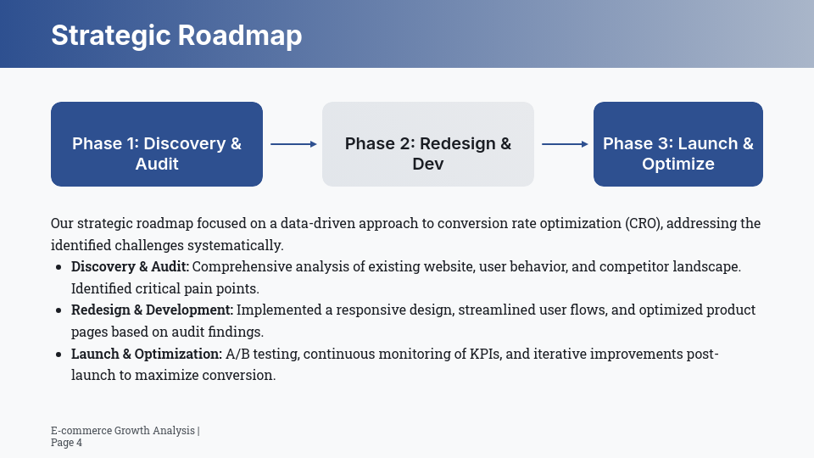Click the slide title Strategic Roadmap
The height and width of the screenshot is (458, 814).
pos(176,36)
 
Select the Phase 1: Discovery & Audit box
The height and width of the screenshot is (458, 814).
pos(157,144)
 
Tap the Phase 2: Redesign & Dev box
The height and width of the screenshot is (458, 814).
pos(428,144)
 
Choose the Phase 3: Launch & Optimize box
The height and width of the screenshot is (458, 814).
pos(678,144)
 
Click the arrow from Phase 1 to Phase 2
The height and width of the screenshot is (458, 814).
pos(293,144)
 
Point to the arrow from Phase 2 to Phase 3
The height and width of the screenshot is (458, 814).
pos(564,144)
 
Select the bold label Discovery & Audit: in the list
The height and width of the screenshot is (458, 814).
pos(130,267)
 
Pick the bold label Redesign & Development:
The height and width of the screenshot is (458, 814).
pos(152,310)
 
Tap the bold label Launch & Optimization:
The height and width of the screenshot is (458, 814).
pos(147,354)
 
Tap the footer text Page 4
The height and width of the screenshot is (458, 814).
pos(66,443)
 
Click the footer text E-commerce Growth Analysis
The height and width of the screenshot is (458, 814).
pos(122,431)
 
